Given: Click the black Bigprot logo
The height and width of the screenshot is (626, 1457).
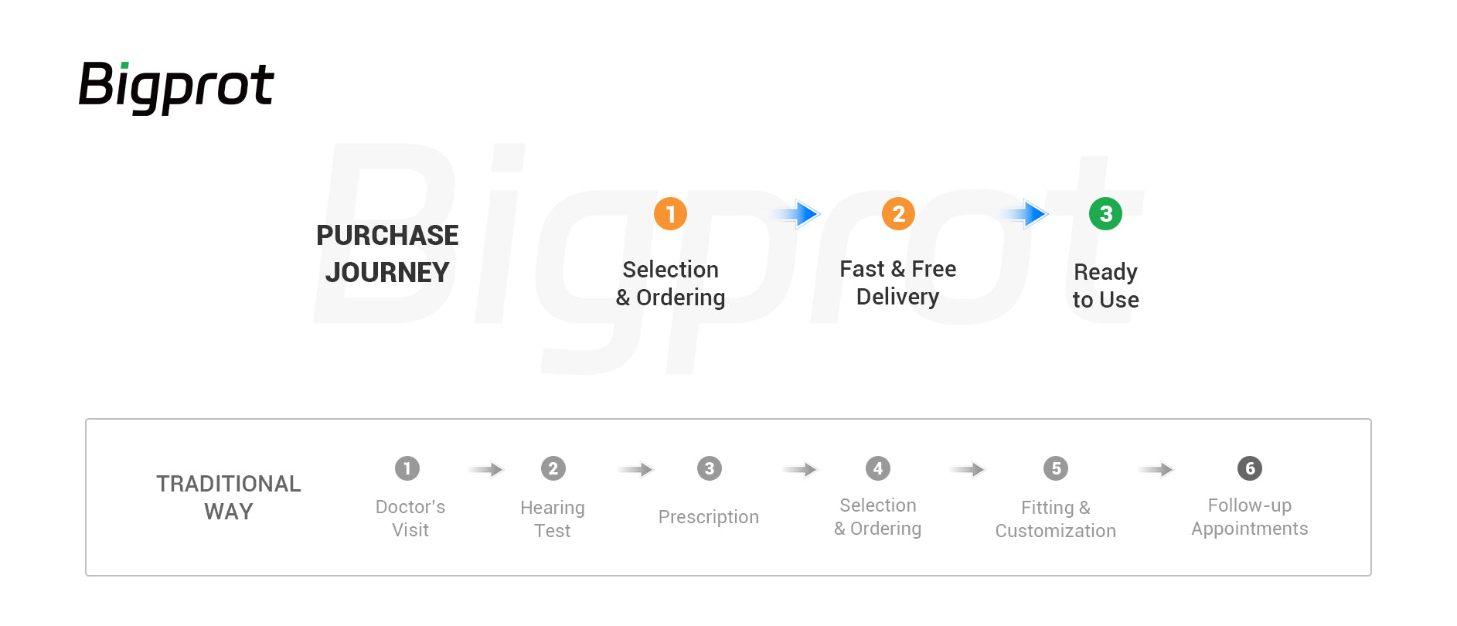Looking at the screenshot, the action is point(176,87).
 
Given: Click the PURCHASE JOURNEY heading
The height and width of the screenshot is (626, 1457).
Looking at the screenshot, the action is point(387,253).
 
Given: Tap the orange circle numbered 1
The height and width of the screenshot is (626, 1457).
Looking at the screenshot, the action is point(670,213).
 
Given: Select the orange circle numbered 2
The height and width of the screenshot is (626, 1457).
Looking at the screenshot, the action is point(898,213).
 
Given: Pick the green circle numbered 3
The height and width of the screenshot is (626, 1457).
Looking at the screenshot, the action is point(1105,213).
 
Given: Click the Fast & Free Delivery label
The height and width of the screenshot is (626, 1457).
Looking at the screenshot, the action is point(898,282).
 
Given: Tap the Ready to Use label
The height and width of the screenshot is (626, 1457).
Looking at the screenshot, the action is point(1105,285).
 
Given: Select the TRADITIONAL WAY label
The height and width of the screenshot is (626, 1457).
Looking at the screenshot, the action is point(229,497).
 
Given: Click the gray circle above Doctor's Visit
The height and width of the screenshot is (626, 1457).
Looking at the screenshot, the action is point(407,468).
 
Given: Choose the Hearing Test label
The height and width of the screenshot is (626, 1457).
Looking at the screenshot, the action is point(553,519).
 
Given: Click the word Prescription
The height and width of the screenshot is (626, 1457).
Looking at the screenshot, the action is point(709,517).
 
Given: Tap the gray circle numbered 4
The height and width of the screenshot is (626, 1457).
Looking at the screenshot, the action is point(878,468).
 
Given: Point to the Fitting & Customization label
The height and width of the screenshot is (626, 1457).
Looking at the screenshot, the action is point(1056,519).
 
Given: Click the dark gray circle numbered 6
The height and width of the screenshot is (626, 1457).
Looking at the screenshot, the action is point(1250,468).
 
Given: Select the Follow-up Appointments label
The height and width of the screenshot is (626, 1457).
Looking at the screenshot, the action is point(1250,516).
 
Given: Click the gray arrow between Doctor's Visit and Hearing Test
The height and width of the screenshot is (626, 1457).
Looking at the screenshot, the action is point(485,469).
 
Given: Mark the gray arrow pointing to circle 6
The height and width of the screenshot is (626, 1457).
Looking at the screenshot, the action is point(1156,469).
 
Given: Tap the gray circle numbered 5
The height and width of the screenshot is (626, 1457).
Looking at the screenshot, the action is point(1056,468).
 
